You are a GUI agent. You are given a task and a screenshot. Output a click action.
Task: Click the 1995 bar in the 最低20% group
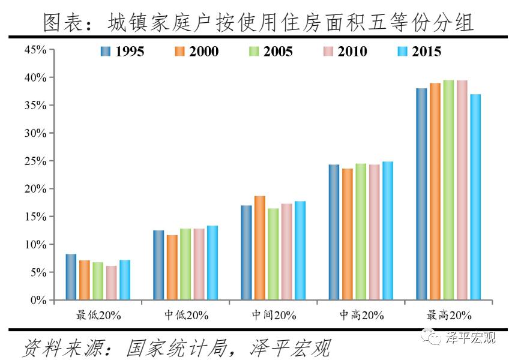point(71,277)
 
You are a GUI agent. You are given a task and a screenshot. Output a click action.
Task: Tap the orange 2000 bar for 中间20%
point(259,248)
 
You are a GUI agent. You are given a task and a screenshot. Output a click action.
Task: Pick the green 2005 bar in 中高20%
point(361,232)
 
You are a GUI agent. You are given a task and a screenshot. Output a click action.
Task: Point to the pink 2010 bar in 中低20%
point(199,264)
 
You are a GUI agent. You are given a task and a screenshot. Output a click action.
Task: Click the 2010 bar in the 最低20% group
point(111,283)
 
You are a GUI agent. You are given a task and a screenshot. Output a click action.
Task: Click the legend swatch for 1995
point(106,52)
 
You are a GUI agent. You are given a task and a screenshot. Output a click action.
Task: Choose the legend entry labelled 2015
point(427,52)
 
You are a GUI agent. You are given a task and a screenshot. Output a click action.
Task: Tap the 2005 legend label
point(278,52)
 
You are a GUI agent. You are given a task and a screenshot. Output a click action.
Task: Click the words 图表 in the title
point(62,23)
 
